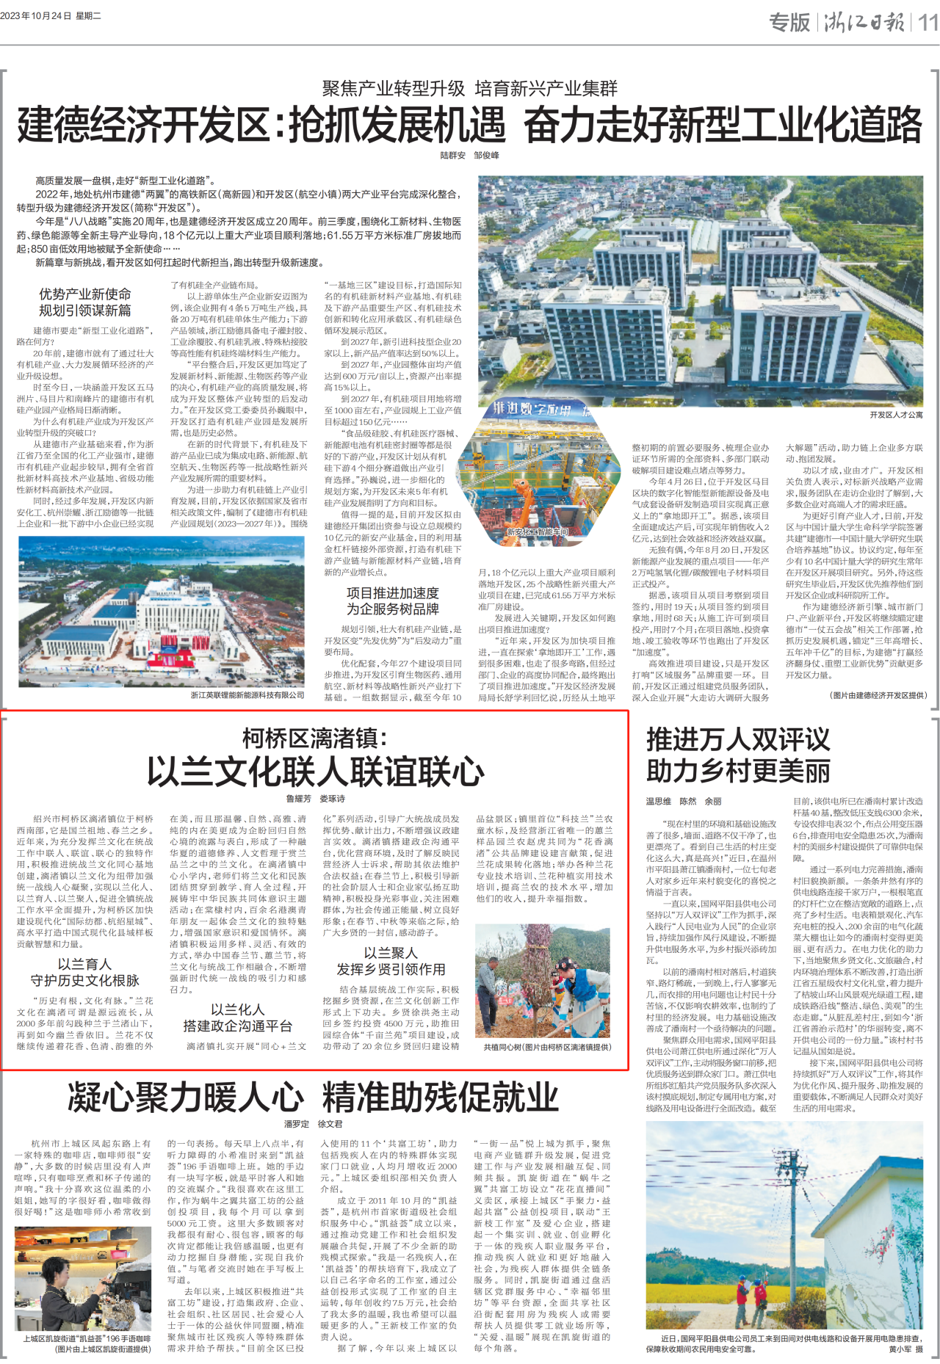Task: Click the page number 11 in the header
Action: point(928,22)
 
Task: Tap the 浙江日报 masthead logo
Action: point(864,22)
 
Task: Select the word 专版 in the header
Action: point(789,22)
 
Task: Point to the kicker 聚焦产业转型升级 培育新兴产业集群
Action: point(469,89)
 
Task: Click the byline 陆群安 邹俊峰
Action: point(469,156)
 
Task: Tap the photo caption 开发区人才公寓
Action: point(896,415)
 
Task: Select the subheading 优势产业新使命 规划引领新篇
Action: point(85,302)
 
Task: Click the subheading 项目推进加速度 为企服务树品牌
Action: point(392,601)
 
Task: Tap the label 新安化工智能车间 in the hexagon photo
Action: point(538,532)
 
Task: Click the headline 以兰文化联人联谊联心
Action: point(315,771)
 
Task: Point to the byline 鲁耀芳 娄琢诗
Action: point(315,799)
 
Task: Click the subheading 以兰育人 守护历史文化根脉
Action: point(85,972)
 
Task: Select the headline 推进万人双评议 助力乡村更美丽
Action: point(737,755)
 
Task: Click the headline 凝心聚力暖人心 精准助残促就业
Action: point(313,1098)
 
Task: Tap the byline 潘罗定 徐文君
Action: point(313,1124)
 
